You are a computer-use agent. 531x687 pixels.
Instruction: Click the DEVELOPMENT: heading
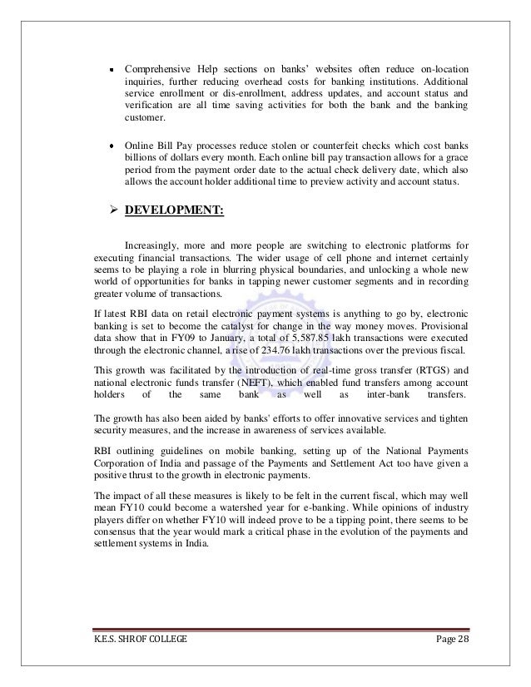click(173, 210)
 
